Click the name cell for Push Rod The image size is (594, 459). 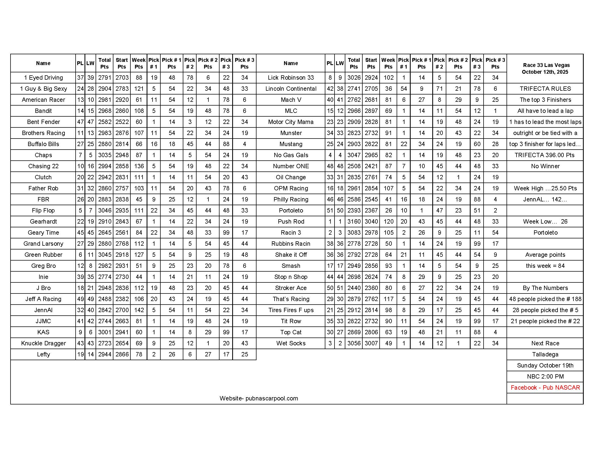click(x=291, y=222)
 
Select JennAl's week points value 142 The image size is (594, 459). click(x=139, y=310)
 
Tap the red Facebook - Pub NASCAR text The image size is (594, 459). click(x=545, y=387)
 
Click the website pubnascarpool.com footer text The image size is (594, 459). click(x=259, y=398)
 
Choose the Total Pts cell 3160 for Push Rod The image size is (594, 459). click(x=354, y=222)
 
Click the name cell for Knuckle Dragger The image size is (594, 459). click(x=43, y=343)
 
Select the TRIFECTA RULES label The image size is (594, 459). click(x=545, y=89)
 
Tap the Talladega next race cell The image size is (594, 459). click(x=545, y=354)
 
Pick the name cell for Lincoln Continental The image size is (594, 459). click(x=291, y=89)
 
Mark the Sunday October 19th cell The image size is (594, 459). click(x=545, y=366)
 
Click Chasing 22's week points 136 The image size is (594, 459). click(x=139, y=166)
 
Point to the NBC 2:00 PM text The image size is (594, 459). click(x=545, y=377)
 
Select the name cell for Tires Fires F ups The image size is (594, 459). click(x=291, y=310)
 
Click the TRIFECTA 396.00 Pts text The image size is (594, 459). click(x=545, y=155)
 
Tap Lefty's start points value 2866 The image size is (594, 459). click(x=122, y=354)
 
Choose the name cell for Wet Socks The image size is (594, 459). click(x=291, y=343)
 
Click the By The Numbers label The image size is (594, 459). click(x=545, y=288)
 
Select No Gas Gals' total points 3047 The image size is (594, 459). click(x=354, y=155)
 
